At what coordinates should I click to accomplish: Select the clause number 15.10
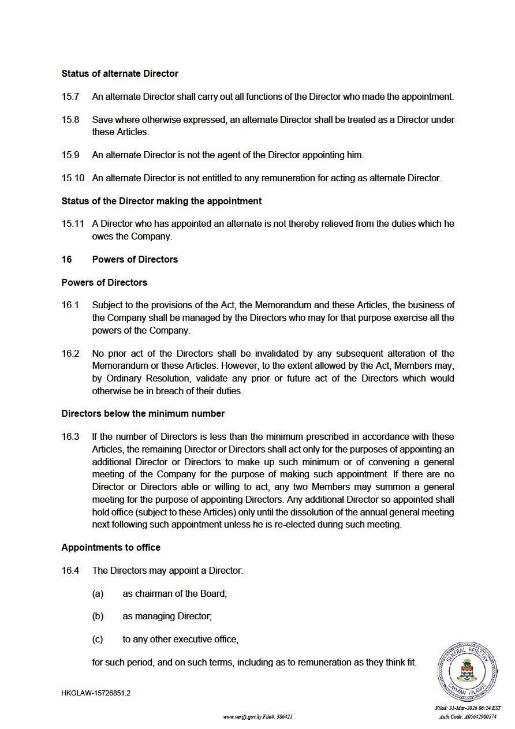click(x=73, y=178)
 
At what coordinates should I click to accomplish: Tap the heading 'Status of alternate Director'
click(x=120, y=74)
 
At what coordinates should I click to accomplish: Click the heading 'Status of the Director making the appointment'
click(x=162, y=201)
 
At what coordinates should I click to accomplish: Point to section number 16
click(x=67, y=259)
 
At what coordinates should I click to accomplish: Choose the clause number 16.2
click(x=70, y=353)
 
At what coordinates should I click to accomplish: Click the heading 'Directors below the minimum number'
click(x=143, y=413)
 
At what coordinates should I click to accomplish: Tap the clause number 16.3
click(x=70, y=436)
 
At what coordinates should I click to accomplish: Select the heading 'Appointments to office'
click(x=111, y=547)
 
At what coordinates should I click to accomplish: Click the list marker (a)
click(x=98, y=593)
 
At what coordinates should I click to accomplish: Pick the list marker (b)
click(x=98, y=616)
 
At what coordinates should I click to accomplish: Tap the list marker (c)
click(x=98, y=640)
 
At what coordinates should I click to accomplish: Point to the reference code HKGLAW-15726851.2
click(x=96, y=693)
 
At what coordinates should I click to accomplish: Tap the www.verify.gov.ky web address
click(x=242, y=717)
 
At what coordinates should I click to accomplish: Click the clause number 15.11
click(x=73, y=224)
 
